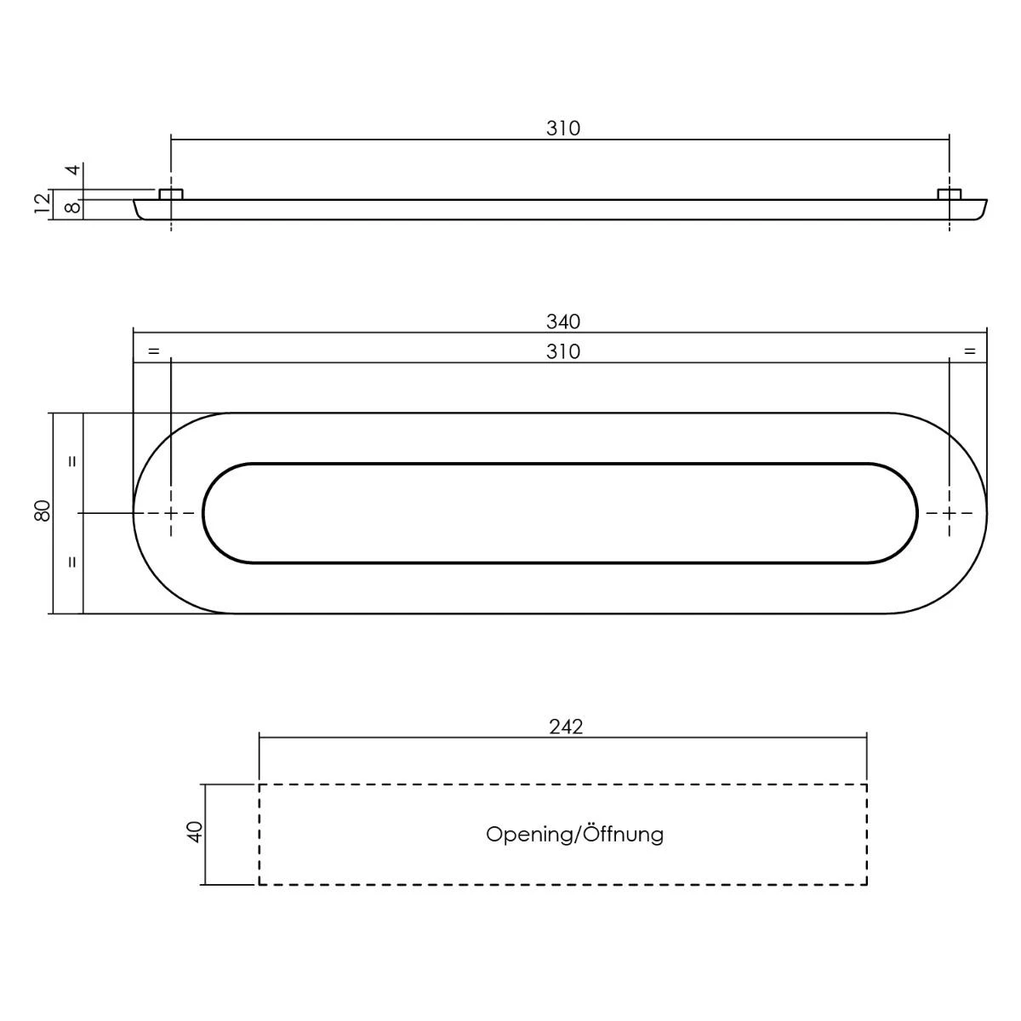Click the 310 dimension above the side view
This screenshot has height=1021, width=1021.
[562, 128]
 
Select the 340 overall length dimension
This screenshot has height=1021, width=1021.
[562, 322]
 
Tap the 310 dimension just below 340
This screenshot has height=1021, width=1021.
[562, 351]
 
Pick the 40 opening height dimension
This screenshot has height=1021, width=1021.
[195, 831]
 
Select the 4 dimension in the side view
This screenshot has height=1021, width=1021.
[74, 169]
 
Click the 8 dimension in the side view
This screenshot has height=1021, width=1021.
[74, 206]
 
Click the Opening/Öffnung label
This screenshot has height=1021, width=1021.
[574, 834]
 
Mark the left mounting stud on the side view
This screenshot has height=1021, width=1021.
[171, 195]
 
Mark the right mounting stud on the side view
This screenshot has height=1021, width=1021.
[950, 195]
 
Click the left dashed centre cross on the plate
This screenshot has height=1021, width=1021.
[171, 513]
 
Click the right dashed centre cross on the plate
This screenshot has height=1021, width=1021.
[950, 513]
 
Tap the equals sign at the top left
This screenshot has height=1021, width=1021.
[153, 351]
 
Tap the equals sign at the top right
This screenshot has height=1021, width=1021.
[968, 351]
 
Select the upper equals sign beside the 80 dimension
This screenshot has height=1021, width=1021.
[72, 462]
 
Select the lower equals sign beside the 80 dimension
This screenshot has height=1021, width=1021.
[72, 562]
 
